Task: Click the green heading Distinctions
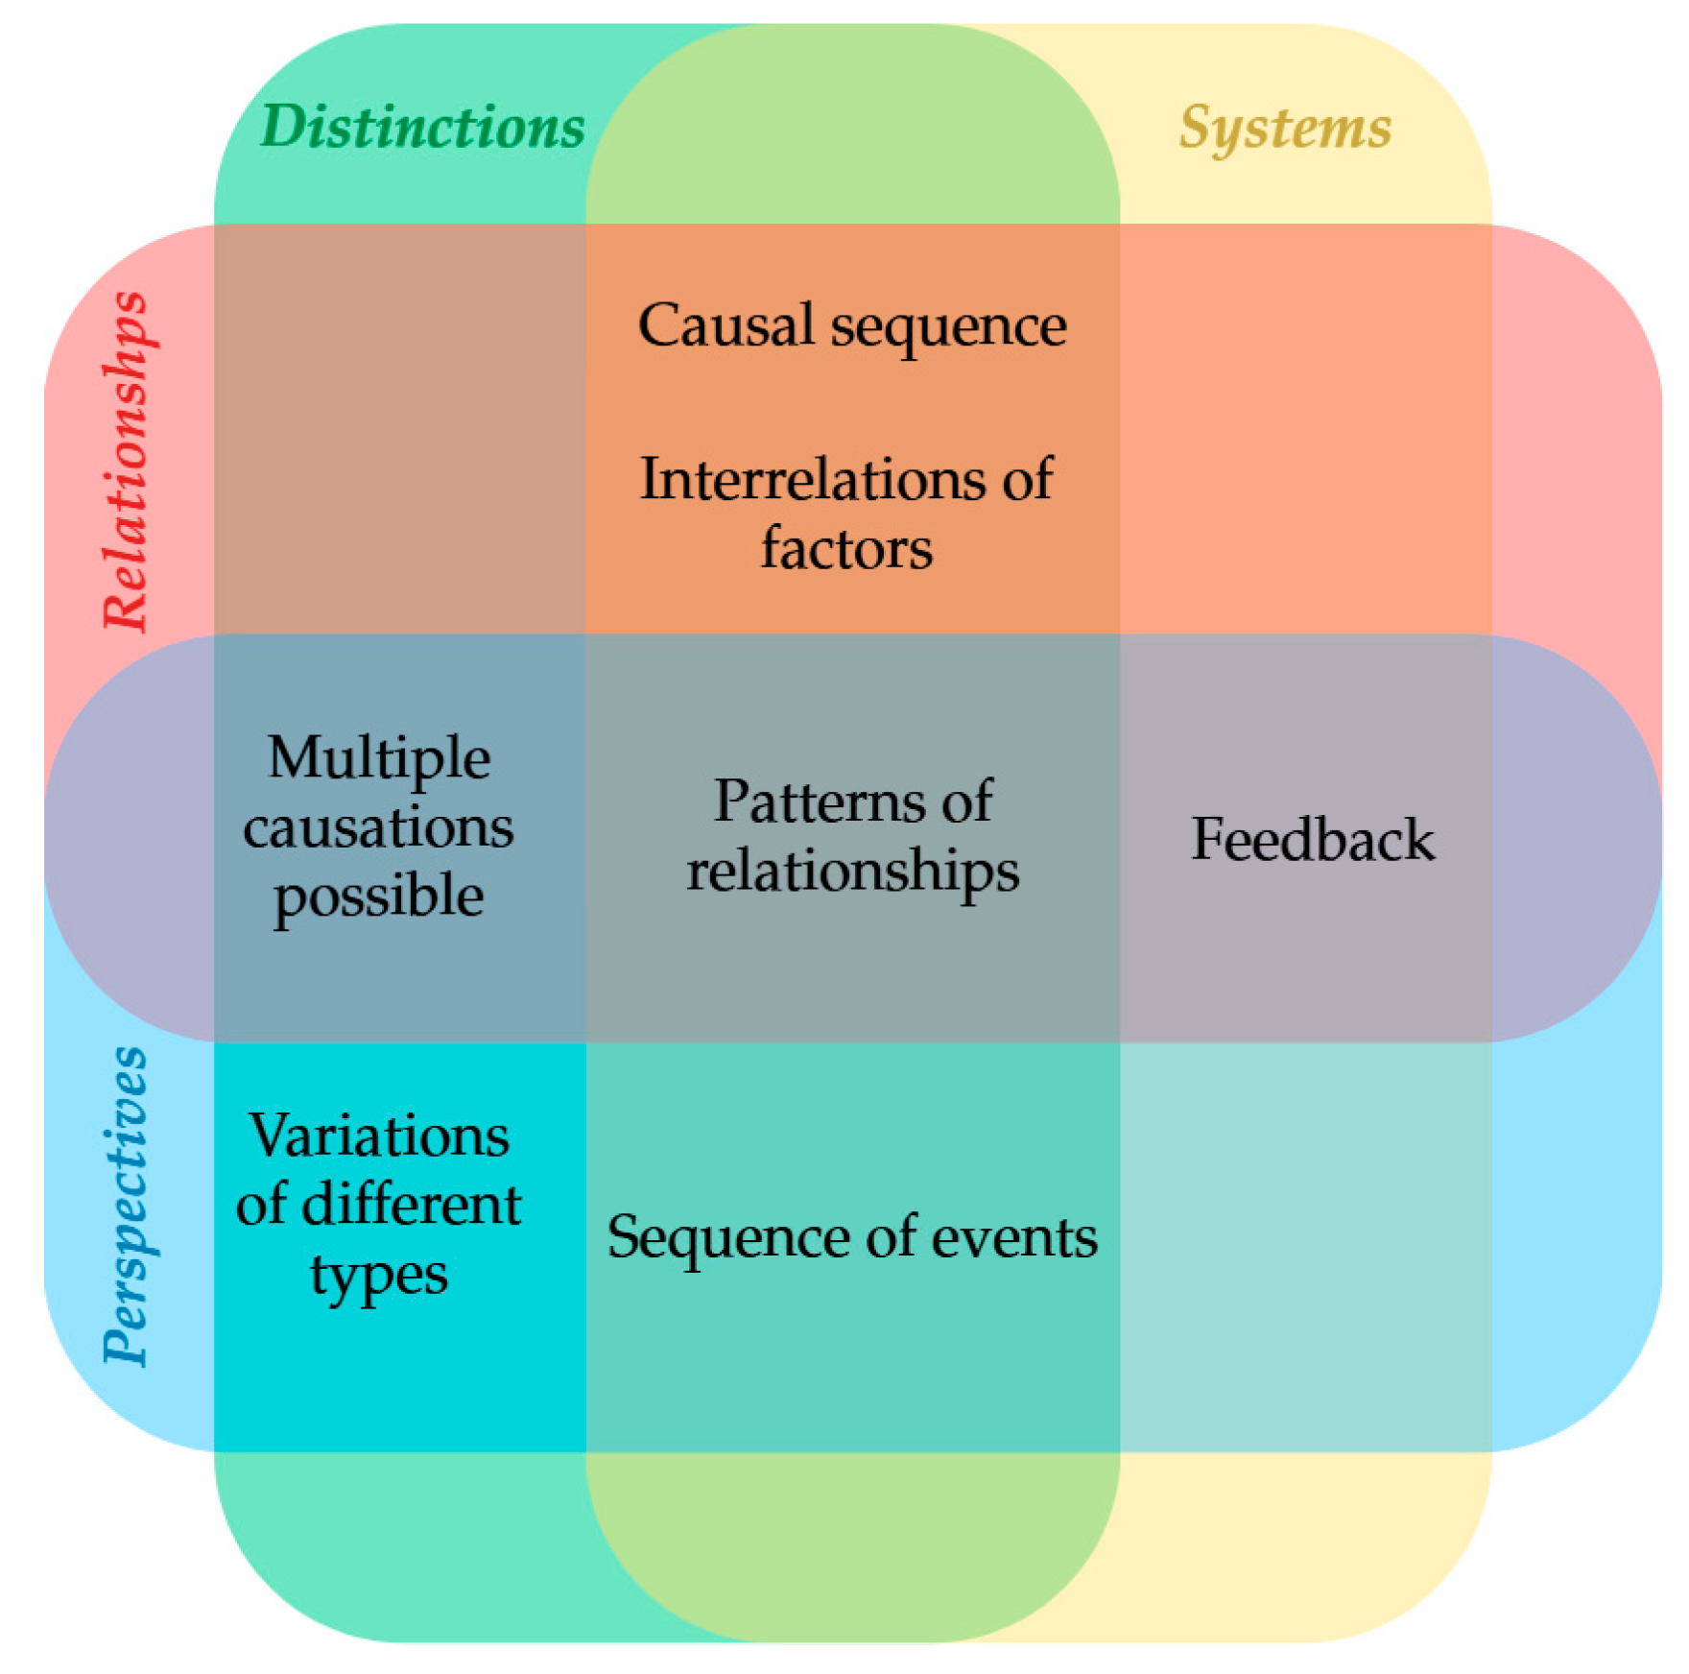tap(422, 127)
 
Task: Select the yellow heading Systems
tap(1285, 127)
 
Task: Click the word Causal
tap(726, 325)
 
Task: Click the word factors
tap(846, 549)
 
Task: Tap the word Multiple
tap(379, 758)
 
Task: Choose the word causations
tap(378, 827)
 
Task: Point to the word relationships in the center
tap(852, 872)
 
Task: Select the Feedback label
tap(1312, 839)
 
